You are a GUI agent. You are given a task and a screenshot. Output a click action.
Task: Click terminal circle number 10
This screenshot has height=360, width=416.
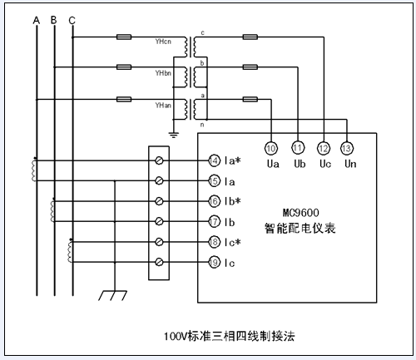271,148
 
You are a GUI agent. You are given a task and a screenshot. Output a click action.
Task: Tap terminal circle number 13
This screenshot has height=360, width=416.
347,148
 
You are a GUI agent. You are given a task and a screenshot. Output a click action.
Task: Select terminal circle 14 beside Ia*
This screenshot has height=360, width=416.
214,160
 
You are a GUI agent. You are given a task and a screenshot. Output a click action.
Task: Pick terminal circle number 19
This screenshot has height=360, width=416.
214,262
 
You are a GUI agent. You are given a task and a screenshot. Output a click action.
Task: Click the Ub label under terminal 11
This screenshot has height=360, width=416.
300,164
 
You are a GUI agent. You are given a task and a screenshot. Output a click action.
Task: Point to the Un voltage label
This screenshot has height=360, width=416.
350,164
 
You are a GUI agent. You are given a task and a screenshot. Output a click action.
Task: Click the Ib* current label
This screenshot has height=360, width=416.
232,201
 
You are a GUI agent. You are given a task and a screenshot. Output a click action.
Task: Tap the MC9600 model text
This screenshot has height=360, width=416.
301,213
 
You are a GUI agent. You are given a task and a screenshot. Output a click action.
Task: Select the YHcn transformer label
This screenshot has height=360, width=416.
163,42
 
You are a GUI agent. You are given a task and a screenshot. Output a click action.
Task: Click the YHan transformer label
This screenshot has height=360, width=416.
163,106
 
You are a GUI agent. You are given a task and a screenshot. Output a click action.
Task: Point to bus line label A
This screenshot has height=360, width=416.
37,20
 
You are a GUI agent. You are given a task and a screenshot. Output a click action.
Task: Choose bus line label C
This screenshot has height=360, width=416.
72,21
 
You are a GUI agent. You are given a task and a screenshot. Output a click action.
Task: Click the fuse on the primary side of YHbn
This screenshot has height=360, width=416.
124,67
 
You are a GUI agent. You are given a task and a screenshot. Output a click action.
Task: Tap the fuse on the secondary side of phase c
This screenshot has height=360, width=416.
250,37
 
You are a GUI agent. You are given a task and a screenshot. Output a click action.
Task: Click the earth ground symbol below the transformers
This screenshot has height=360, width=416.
174,136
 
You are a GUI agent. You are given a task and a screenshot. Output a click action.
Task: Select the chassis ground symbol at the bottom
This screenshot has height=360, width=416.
112,295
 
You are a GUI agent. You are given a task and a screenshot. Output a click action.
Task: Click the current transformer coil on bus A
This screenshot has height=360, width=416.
34,170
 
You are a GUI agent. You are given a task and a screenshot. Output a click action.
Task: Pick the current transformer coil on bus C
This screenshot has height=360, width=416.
70,252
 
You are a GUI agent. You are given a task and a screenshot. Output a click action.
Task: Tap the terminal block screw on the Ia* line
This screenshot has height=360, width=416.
159,160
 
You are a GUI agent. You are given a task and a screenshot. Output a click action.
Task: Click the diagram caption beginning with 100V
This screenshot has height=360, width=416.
229,336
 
